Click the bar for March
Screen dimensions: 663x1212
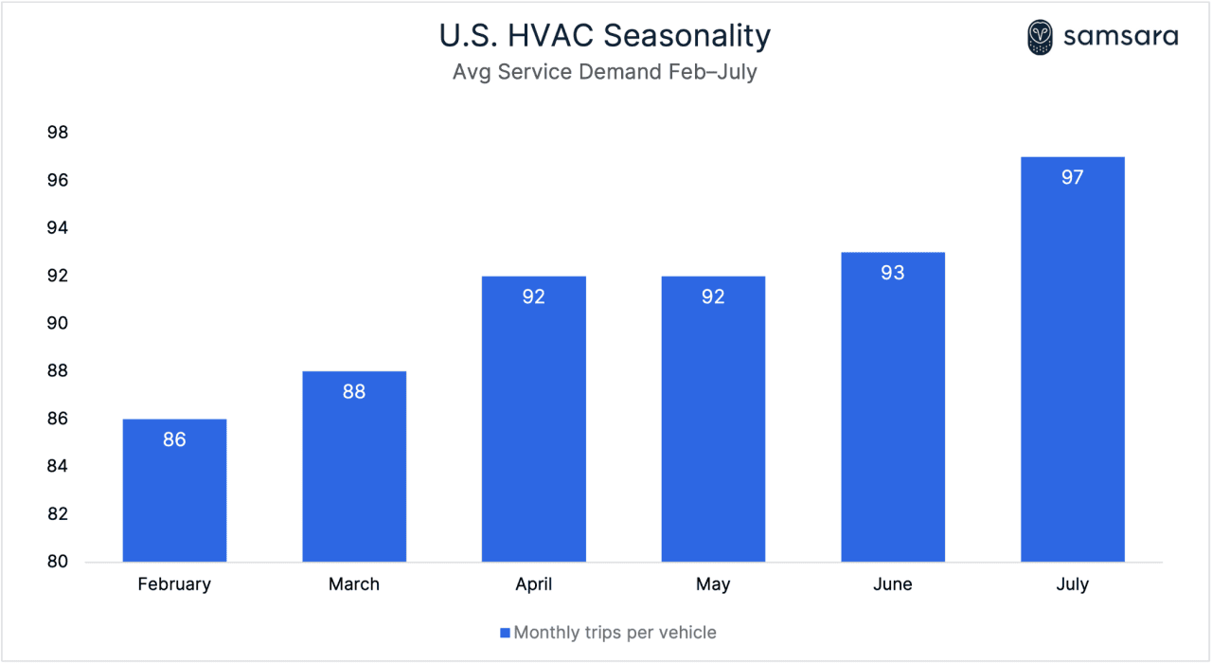point(354,474)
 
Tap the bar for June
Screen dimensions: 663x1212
point(892,417)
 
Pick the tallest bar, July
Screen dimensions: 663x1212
point(1072,369)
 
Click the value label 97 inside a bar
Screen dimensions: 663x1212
point(1072,177)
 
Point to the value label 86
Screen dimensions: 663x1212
point(174,439)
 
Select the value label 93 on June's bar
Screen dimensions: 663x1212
point(892,273)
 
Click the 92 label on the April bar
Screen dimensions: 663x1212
point(533,296)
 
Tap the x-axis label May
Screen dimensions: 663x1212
point(713,584)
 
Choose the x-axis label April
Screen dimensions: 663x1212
point(533,584)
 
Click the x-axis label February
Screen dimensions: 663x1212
point(174,584)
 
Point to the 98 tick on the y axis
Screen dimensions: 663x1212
point(58,133)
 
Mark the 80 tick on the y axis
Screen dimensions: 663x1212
point(58,562)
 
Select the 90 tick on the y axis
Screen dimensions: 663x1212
point(58,324)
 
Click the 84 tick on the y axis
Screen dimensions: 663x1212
point(58,467)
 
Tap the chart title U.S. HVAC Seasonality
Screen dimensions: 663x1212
point(605,36)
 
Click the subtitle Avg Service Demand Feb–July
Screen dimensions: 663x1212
point(605,72)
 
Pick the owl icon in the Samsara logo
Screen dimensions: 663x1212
point(1040,37)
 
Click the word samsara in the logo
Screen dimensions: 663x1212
point(1120,37)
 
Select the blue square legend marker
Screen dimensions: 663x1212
point(506,633)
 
